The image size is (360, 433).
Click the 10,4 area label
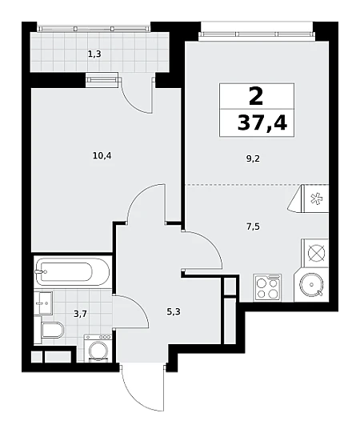click(102, 156)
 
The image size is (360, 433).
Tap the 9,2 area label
click(253, 159)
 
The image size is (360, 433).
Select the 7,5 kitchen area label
click(253, 227)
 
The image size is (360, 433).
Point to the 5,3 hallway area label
click(174, 312)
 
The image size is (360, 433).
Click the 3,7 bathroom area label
click(80, 314)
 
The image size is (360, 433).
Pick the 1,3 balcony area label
click(94, 54)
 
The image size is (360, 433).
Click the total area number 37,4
click(262, 122)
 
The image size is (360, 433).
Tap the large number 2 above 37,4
click(256, 96)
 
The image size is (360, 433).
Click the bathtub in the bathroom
click(72, 272)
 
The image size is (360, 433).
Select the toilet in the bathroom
click(52, 330)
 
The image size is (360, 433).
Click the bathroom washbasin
click(44, 303)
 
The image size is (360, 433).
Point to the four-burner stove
click(267, 288)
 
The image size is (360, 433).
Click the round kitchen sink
click(312, 284)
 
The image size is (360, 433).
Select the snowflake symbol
click(315, 198)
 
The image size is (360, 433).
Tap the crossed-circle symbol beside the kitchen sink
click(316, 253)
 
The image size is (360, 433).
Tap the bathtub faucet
click(40, 272)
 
